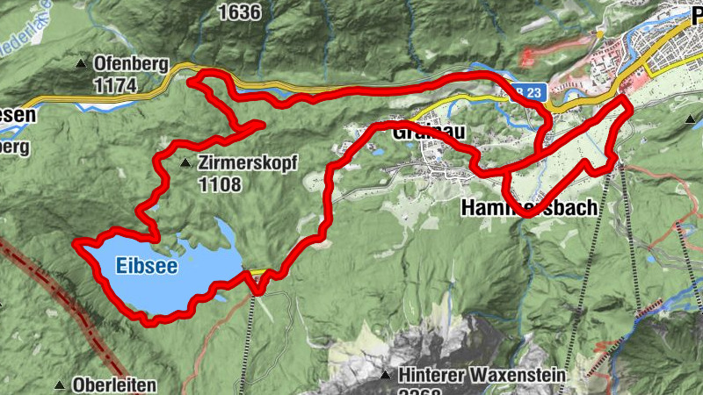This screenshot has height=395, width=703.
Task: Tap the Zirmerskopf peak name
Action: [x=249, y=163]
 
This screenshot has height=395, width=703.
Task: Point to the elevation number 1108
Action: [x=220, y=184]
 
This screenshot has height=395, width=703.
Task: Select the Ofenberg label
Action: [x=130, y=64]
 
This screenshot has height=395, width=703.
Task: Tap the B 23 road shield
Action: [x=525, y=91]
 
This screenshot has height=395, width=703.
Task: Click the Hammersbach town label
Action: [x=529, y=208]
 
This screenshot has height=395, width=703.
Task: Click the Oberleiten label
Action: [x=115, y=385]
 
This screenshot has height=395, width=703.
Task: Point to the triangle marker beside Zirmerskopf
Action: [x=185, y=163]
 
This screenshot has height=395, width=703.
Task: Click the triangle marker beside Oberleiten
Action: [x=60, y=385]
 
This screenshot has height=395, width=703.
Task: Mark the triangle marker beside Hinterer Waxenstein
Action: [x=385, y=375]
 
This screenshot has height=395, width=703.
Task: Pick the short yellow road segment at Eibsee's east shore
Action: [x=255, y=273]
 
